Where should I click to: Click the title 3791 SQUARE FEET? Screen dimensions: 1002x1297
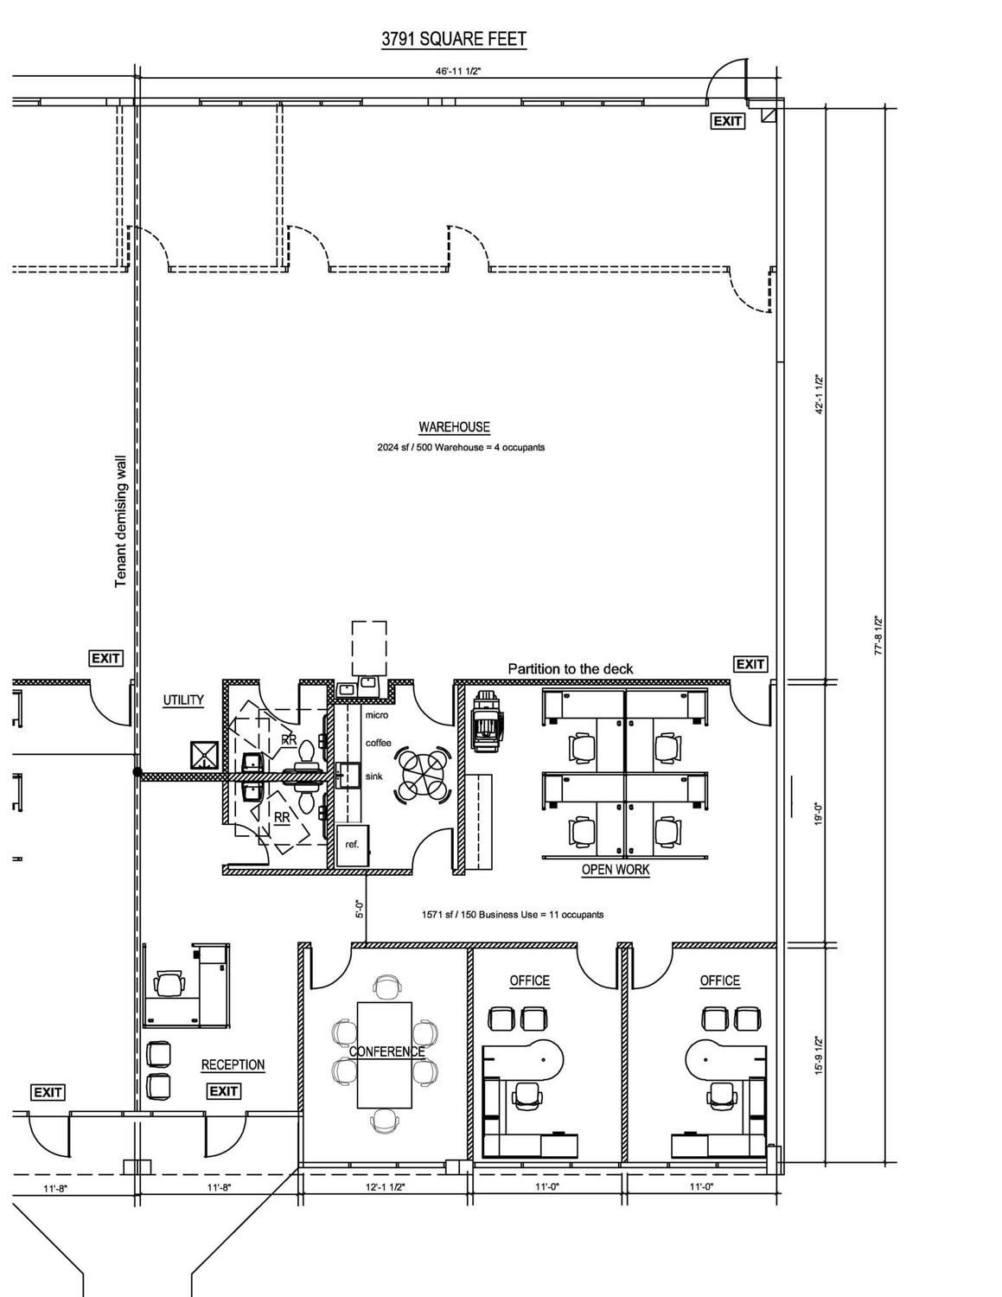[454, 40]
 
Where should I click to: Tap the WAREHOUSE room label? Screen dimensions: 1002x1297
[454, 427]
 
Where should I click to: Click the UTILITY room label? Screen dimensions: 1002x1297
[183, 700]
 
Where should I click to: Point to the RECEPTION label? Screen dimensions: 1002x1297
[233, 1064]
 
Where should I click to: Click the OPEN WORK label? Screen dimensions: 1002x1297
[616, 870]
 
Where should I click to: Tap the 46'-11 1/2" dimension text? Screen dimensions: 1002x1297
[458, 72]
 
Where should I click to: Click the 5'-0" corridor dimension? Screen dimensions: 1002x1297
[360, 909]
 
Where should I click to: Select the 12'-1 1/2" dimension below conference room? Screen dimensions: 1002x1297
[385, 1187]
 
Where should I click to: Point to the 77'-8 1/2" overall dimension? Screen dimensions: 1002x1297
[878, 635]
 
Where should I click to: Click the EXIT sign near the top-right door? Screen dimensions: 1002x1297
[727, 121]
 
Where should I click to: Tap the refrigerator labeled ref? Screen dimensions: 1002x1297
[352, 845]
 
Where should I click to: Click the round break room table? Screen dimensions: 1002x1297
[422, 773]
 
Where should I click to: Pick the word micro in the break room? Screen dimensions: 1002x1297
[377, 715]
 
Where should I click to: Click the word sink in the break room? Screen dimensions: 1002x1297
[373, 776]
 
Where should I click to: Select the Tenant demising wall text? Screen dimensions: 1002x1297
[120, 521]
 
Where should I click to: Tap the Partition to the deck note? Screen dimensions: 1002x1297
[570, 669]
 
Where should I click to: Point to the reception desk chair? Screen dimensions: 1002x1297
[169, 983]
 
